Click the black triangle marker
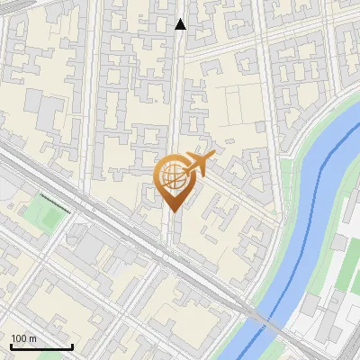(181, 24)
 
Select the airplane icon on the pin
(198, 164)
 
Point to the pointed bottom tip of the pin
(175, 211)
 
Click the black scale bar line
(41, 346)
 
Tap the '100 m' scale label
(23, 338)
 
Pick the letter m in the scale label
(32, 338)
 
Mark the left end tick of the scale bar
(11, 345)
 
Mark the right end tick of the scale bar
(72, 345)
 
